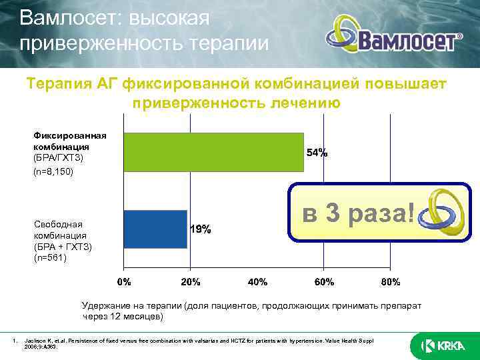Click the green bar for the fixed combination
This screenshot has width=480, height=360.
pos(213,153)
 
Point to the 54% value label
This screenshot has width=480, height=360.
pos(317,153)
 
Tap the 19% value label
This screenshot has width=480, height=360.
pos(201,229)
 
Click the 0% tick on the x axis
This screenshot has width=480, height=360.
pos(125,282)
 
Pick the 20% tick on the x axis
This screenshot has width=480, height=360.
pos(191,282)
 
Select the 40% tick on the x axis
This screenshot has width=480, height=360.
pos(257,282)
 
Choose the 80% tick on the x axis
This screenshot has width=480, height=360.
pos(390,282)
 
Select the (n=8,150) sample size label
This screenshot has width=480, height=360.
pos(53,171)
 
